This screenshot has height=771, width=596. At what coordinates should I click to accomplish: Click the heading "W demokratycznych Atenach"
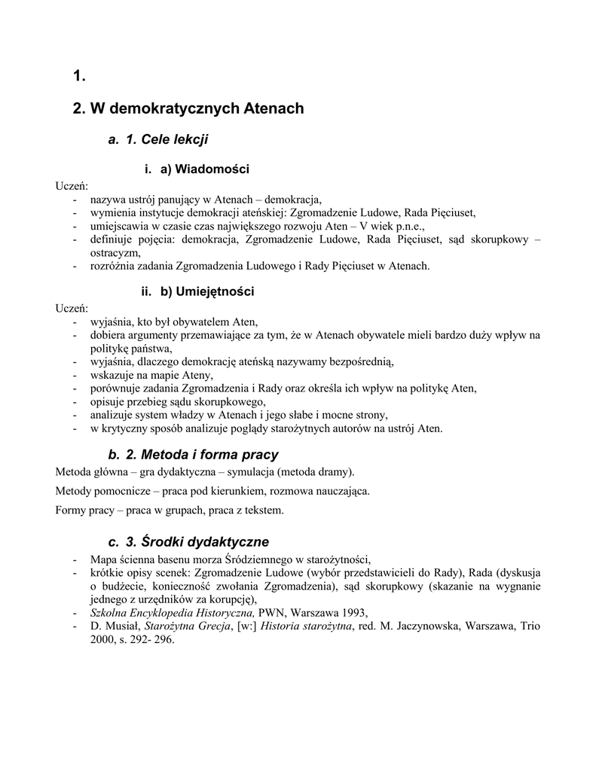tap(197, 108)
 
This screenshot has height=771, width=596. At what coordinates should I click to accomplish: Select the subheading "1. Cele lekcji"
tap(167, 140)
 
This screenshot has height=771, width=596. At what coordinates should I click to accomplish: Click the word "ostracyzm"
tap(114, 253)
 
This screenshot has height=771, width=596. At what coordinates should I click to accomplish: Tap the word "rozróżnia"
tap(114, 266)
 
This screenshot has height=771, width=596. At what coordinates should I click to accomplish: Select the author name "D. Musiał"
tap(114, 626)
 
